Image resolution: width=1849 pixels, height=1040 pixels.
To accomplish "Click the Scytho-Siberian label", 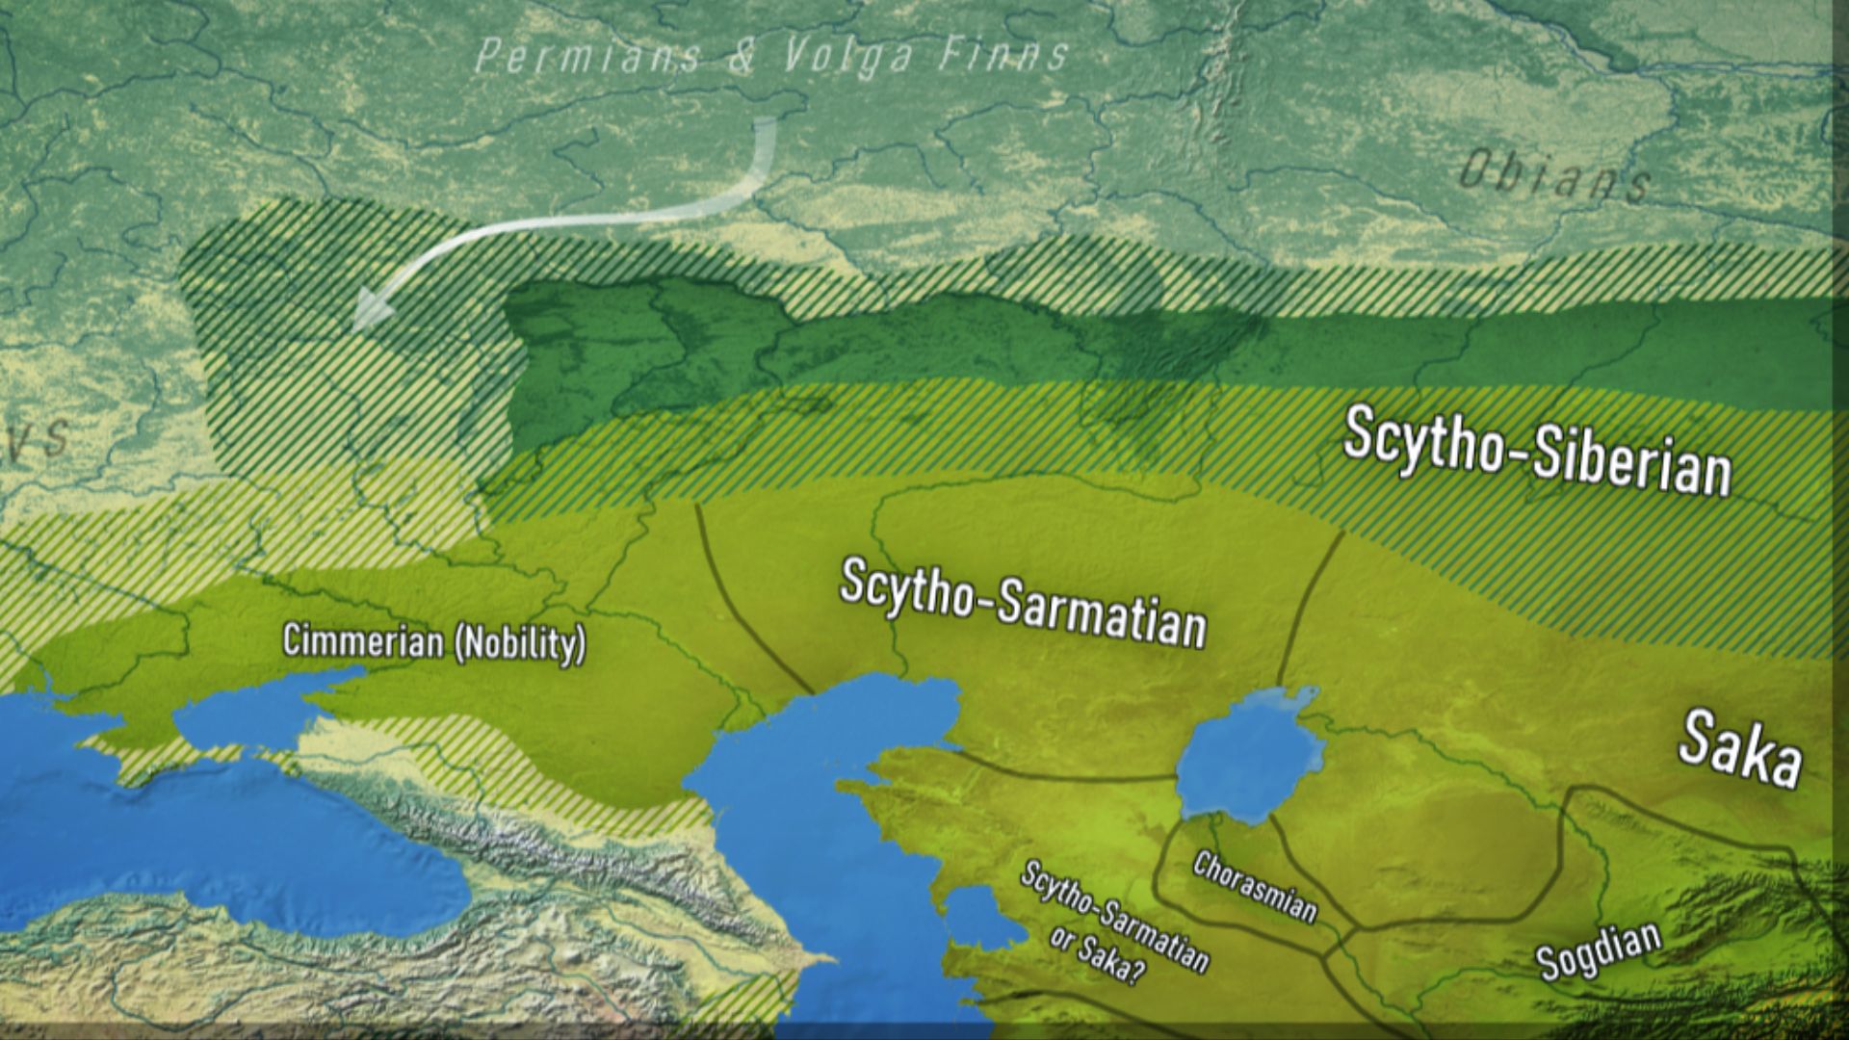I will coord(1536,451).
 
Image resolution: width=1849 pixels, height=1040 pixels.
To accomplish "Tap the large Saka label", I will coord(1739,749).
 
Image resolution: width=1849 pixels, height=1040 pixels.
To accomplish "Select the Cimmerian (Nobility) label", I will coord(433,642).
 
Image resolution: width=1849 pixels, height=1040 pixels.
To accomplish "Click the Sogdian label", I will coord(1599,949).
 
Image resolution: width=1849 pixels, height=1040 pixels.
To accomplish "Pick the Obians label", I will coord(1552,178).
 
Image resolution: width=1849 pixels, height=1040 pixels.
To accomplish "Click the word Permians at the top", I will coord(587,57).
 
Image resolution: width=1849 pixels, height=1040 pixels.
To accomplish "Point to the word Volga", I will coord(846,56).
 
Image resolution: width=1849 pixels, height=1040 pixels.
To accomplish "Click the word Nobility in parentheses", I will coord(519,644).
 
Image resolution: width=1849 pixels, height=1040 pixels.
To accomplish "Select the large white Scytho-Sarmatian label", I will coord(1023,603).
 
